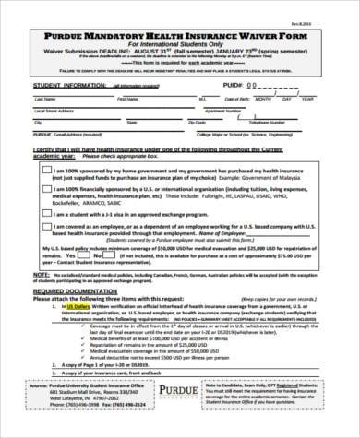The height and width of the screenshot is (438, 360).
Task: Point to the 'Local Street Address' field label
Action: point(56,112)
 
